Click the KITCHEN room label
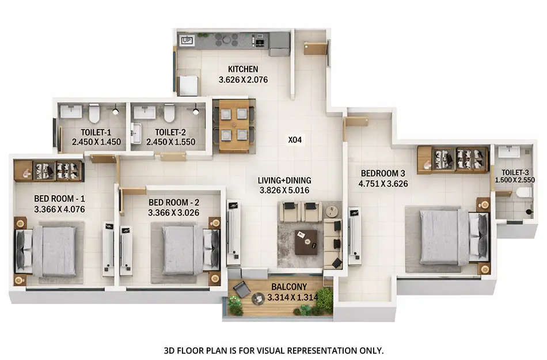(x=243, y=70)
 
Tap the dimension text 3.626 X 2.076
(x=243, y=81)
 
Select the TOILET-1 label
(x=92, y=131)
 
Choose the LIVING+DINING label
(x=284, y=181)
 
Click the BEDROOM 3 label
(x=383, y=173)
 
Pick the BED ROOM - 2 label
(x=173, y=203)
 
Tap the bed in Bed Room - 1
(x=52, y=251)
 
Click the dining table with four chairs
(x=234, y=125)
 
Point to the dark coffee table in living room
(x=305, y=241)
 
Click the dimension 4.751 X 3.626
(x=383, y=185)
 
